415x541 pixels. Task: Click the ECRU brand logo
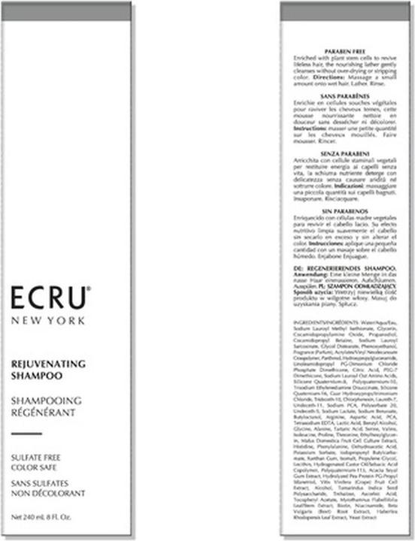point(49,298)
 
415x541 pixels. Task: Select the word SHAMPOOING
point(46,400)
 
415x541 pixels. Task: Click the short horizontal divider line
point(26,434)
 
